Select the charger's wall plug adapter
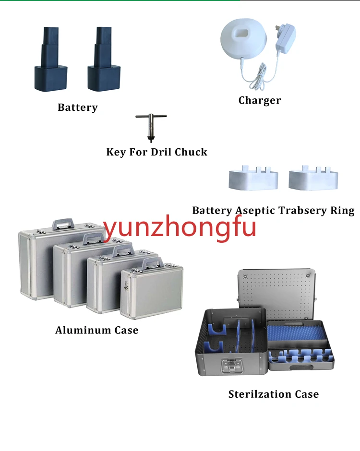pos(285,38)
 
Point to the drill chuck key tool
pos(151,127)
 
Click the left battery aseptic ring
pos(253,178)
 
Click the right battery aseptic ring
pos(313,178)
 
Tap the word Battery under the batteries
pos(78,107)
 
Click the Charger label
pos(260,100)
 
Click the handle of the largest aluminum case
pos(63,224)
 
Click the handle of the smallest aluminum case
pos(153,263)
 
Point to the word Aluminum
pos(83,330)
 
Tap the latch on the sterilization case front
pos(232,366)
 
